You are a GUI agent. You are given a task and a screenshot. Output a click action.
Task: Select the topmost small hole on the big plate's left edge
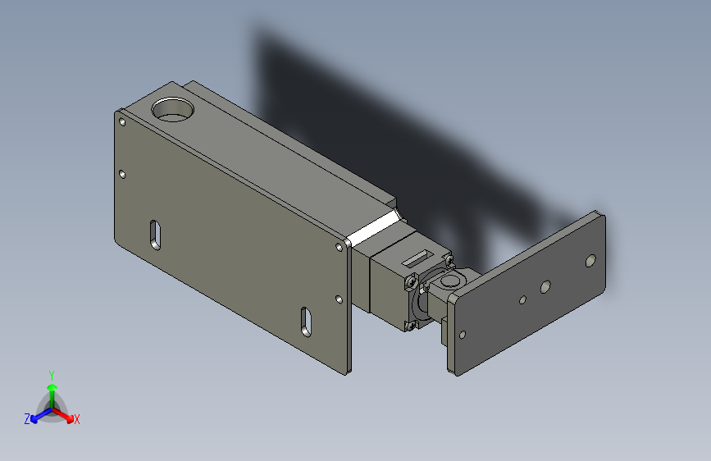pos(122,122)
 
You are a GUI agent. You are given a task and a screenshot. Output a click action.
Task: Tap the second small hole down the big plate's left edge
pos(122,174)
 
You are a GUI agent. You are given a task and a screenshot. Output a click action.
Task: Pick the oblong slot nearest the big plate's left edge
pos(154,235)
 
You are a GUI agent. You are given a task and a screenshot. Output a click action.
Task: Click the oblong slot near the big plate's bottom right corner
pos(305,321)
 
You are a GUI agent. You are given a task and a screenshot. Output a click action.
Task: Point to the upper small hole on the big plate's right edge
pos(340,245)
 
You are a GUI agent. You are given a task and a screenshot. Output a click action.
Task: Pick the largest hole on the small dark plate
pos(590,261)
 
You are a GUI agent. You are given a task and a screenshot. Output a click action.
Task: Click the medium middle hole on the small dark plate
pos(544,287)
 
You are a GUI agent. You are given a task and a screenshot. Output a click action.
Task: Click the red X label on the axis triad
pos(77,420)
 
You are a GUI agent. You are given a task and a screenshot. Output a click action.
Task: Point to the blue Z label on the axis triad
pos(27,419)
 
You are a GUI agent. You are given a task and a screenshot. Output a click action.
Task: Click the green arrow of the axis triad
pos(52,390)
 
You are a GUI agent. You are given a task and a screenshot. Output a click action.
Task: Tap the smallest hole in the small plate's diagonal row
pos(522,299)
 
